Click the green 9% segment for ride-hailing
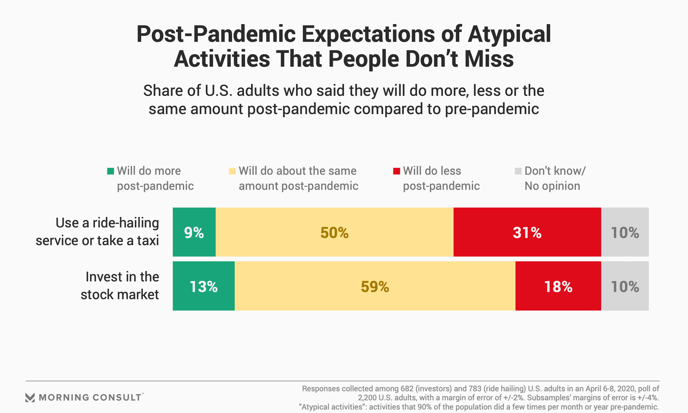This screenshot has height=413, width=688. (194, 232)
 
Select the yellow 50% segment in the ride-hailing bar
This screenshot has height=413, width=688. (335, 232)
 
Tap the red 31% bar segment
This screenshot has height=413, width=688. (527, 232)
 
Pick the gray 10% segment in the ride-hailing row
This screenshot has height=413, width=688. (625, 232)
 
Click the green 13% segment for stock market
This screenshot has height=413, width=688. (204, 286)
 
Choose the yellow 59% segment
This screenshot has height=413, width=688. (375, 286)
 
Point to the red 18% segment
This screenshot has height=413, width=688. (558, 286)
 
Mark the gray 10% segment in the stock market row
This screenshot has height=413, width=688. (625, 286)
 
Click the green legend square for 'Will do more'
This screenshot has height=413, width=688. (111, 171)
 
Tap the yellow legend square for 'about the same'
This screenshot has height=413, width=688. (232, 171)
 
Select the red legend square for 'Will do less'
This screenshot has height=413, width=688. (396, 171)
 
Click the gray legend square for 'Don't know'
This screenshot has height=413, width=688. (518, 171)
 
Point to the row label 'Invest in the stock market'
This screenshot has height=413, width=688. (120, 286)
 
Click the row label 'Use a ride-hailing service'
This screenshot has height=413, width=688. (97, 232)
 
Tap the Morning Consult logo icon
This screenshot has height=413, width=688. (30, 398)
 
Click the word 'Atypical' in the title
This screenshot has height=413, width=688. (509, 34)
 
